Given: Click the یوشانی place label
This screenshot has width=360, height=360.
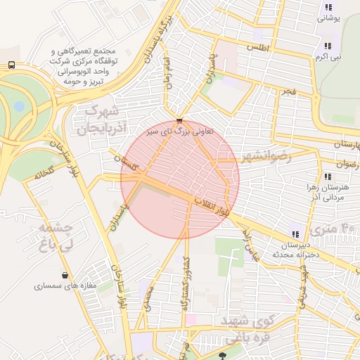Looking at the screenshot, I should tap(328, 19).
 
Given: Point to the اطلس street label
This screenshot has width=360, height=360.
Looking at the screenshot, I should tap(257, 46).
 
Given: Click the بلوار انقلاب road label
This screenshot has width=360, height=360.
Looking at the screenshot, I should tap(212, 207).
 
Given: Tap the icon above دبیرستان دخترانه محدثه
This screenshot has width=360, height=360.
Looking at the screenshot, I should tap(295, 234).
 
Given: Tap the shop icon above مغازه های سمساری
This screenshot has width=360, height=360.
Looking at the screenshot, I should tap(65, 275).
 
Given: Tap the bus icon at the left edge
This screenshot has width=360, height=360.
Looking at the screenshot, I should tap(11, 65).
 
